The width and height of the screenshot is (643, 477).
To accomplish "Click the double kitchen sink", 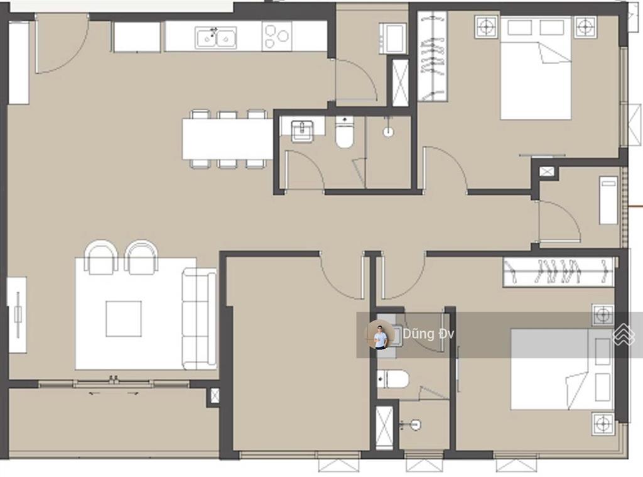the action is pyautogui.click(x=216, y=38).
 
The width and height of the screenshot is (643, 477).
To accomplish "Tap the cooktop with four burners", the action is pyautogui.click(x=277, y=36).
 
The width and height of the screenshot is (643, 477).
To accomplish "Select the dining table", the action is pyautogui.click(x=227, y=139).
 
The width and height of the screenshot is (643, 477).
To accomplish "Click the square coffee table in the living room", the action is pyautogui.click(x=124, y=319).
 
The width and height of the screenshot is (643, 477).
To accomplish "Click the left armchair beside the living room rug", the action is pyautogui.click(x=101, y=258).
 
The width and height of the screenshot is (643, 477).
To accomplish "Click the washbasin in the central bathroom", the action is pyautogui.click(x=303, y=131).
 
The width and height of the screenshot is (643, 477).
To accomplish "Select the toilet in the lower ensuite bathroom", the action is pyautogui.click(x=393, y=379).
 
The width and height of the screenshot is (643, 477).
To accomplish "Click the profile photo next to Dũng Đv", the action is pyautogui.click(x=380, y=335).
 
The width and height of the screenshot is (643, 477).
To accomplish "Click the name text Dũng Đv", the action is pyautogui.click(x=428, y=334).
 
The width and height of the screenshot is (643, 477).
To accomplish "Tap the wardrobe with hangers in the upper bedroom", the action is pyautogui.click(x=432, y=56).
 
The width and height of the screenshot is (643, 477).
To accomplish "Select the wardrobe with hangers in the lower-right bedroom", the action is pyautogui.click(x=558, y=271).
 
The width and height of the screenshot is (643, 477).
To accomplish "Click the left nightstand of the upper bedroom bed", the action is pyautogui.click(x=487, y=27).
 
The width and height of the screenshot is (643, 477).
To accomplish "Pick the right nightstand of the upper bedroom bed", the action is pyautogui.click(x=585, y=27).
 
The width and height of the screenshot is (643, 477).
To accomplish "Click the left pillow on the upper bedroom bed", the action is pyautogui.click(x=520, y=28).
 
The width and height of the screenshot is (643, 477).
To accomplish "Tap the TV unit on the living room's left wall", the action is pyautogui.click(x=17, y=315).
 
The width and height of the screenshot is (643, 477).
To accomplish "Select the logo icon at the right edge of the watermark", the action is pyautogui.click(x=624, y=334).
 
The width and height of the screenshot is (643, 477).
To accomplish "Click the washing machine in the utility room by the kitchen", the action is pyautogui.click(x=393, y=38).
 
